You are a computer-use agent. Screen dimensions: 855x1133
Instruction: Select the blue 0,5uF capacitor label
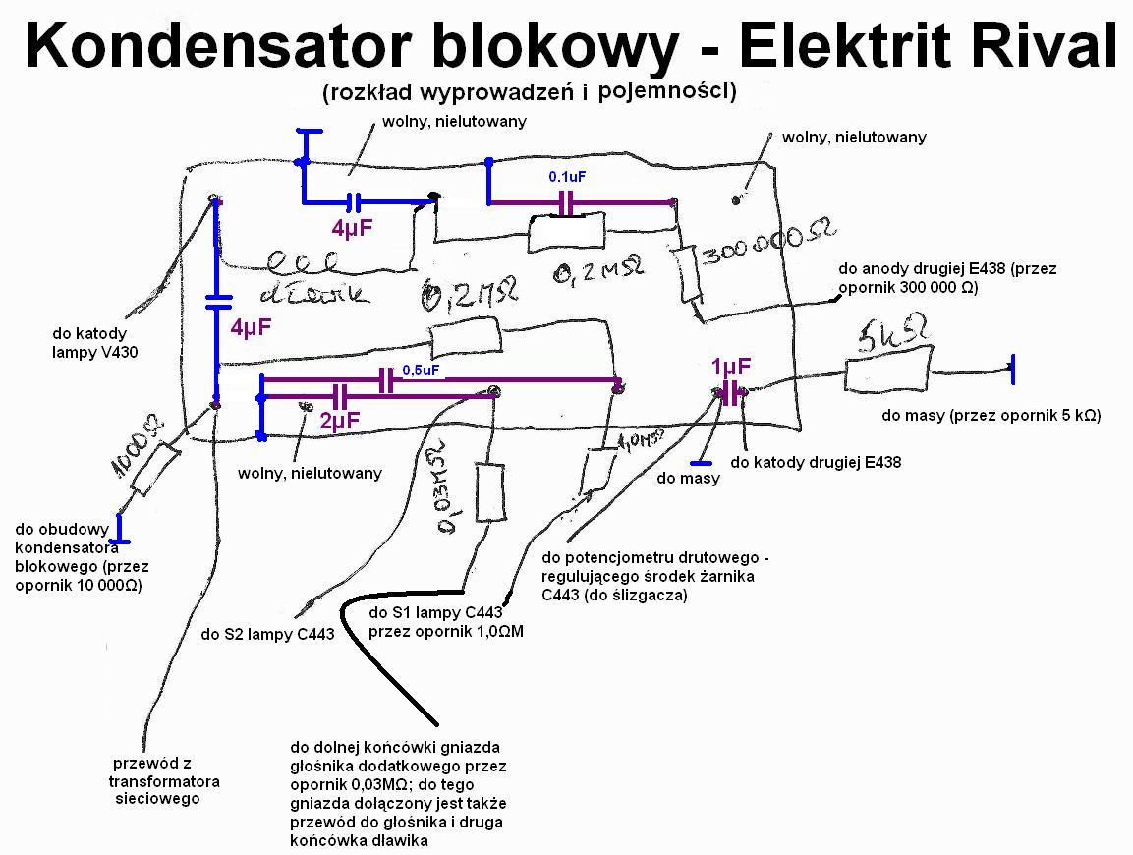pos(421,370)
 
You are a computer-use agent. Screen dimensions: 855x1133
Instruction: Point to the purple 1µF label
pos(731,368)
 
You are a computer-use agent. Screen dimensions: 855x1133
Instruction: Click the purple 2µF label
pos(339,421)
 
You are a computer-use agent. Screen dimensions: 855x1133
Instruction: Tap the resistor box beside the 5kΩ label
pos(887,374)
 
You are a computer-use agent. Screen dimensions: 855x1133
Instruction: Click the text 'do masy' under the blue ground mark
pos(688,479)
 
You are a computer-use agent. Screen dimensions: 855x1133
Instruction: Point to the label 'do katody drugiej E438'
pos(816,462)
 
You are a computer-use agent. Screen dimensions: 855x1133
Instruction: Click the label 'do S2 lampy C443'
pos(267,635)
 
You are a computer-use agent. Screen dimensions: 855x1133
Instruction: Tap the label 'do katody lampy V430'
pos(89,342)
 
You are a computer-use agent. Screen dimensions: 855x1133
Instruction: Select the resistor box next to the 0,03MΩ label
pos(491,491)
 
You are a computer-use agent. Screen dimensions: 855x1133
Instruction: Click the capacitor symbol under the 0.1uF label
pos(565,203)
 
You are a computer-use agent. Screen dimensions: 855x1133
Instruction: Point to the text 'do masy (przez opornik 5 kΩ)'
pos(991,416)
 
